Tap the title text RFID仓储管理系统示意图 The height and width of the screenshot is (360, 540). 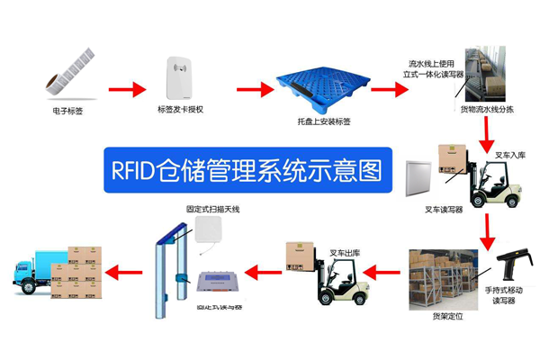pyautogui.click(x=242, y=168)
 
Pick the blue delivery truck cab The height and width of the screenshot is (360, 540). pyautogui.click(x=26, y=269)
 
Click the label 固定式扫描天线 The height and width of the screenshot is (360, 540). pyautogui.click(x=213, y=209)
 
